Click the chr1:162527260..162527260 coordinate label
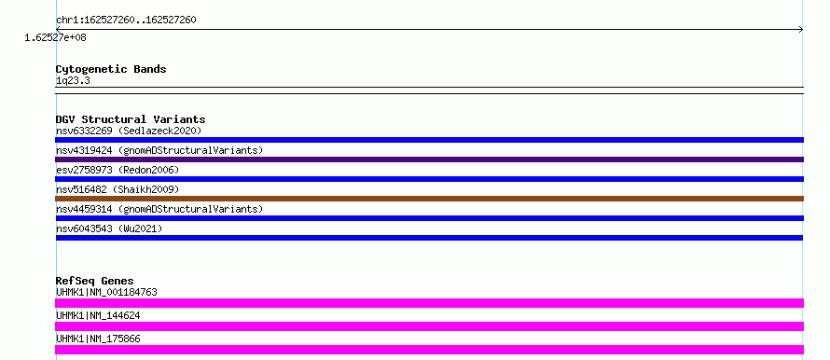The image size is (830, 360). pos(126,21)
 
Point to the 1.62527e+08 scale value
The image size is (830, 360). pos(56,37)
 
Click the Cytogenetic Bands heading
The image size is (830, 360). pos(111,69)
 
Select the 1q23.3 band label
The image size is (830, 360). pos(73,80)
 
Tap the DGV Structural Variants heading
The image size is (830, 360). pos(131,119)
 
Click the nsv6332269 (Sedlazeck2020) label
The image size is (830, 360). pos(129,131)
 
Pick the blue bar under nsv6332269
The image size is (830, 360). pos(429,140)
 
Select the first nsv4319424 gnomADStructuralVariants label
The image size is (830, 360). pos(159,150)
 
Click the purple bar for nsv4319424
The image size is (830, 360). pos(429,159)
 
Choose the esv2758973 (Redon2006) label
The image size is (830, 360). pos(118,170)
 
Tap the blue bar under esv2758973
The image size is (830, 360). pos(429,179)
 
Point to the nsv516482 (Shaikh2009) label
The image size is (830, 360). pos(118,189)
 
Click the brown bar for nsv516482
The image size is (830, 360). pos(429,199)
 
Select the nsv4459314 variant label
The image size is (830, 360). pos(159,209)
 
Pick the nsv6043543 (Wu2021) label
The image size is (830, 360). pos(109,228)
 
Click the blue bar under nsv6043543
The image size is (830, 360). pos(429,238)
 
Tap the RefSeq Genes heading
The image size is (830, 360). pos(95,281)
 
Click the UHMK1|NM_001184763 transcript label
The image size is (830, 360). pos(106,292)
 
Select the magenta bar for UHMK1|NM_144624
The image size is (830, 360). pos(429,326)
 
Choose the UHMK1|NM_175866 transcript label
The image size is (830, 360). pos(98,339)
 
